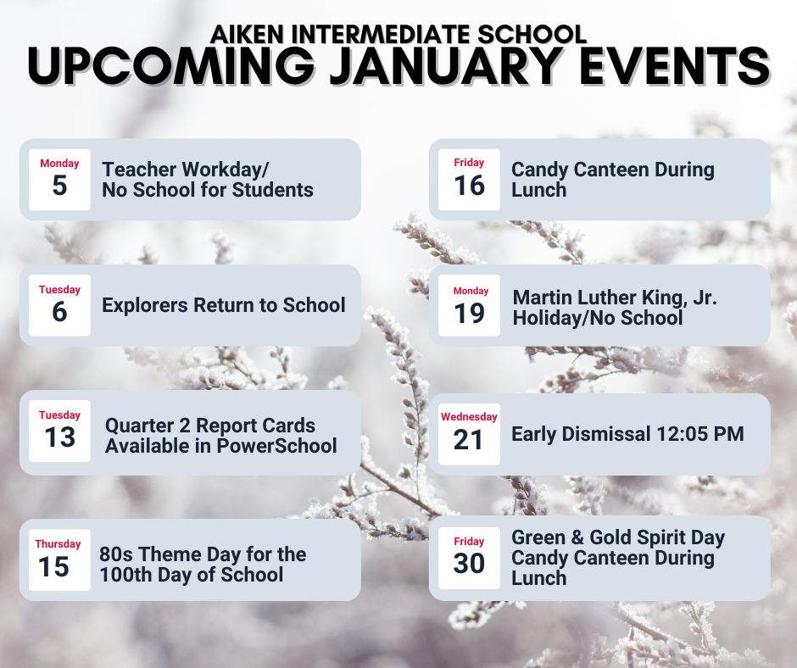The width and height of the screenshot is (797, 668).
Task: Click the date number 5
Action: pos(59,186)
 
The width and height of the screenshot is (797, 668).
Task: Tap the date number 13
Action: pos(59,437)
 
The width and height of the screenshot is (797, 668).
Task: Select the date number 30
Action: pos(469,564)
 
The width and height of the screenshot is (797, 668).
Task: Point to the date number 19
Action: pos(469,313)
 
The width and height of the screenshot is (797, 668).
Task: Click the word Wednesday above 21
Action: pos(469,416)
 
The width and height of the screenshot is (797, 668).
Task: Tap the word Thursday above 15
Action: pos(59,543)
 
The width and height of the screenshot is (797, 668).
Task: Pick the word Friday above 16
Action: pos(469,162)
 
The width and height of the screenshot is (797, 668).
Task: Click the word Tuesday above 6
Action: pos(59,289)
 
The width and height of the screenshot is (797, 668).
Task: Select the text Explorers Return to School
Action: pos(223,305)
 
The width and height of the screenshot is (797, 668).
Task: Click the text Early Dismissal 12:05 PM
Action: pos(627,434)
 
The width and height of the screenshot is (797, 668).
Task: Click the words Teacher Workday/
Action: pos(186,169)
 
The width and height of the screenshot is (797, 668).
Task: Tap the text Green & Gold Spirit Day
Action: pos(618,537)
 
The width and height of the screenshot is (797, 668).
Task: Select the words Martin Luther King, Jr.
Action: pos(615,298)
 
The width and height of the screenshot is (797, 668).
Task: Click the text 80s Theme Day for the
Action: pos(203,554)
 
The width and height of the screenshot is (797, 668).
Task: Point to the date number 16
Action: pos(469,185)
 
